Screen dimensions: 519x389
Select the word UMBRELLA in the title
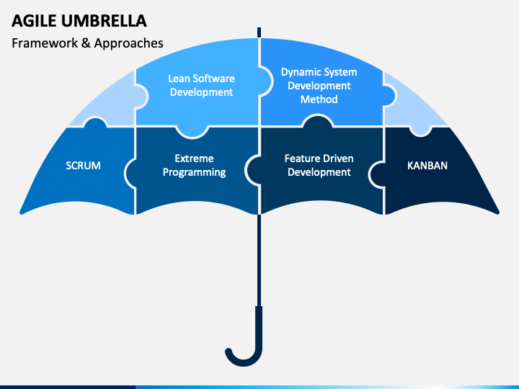pos(104,21)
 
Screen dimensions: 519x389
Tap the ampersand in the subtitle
pos(86,43)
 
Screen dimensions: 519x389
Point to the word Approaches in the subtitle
pos(128,43)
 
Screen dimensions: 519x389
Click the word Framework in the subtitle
pos(45,43)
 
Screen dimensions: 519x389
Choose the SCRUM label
pos(83,166)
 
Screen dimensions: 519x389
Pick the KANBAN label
pos(427,166)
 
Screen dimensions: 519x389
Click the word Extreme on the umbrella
pos(194,158)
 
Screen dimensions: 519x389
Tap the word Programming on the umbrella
pos(194,172)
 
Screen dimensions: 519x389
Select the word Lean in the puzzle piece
pos(179,79)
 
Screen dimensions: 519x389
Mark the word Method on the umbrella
pos(319,99)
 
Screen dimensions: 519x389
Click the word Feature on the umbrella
pos(301,158)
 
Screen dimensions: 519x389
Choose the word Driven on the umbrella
pos(337,158)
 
